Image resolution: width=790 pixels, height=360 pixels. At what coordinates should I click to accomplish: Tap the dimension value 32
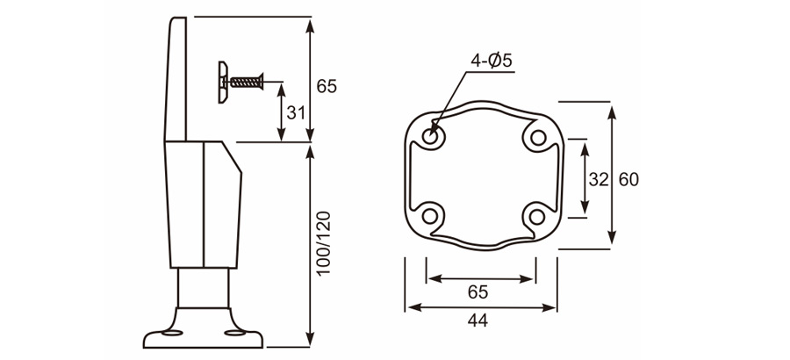click(599, 179)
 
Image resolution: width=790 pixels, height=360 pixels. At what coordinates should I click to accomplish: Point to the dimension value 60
click(628, 179)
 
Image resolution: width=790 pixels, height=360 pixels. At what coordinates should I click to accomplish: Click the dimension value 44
click(478, 321)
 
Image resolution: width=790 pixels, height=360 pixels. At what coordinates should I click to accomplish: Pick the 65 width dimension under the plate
click(478, 292)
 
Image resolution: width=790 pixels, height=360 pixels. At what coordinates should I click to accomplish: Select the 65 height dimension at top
click(326, 86)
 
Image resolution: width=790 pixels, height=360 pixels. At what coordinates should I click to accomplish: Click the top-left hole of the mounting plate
click(431, 137)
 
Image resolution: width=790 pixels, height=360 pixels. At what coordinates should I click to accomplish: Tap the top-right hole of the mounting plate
click(535, 137)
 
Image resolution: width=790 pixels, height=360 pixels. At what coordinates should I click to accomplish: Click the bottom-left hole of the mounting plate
click(431, 214)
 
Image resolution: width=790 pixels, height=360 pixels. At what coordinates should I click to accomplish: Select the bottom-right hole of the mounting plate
click(535, 214)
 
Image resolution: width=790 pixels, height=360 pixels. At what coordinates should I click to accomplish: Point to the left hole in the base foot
click(165, 334)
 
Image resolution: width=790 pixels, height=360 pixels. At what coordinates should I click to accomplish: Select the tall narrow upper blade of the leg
click(176, 79)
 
